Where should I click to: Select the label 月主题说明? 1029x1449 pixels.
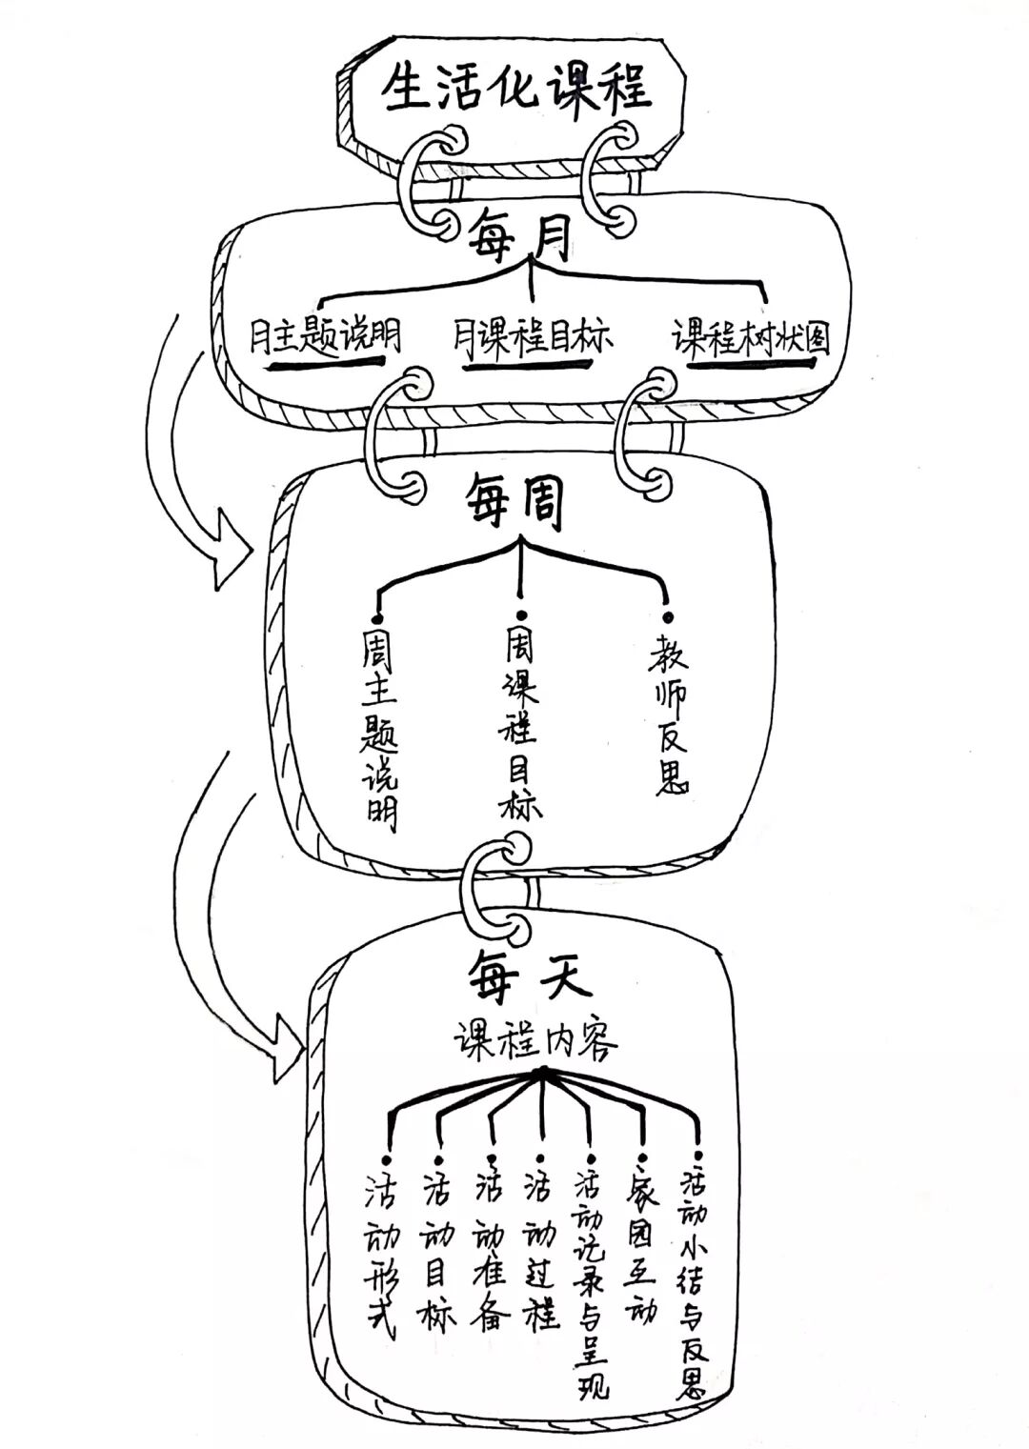coord(325,337)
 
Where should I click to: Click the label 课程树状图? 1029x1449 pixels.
coord(751,338)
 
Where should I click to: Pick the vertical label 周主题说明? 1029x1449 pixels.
coord(379,729)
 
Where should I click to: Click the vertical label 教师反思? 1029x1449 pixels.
coord(670,714)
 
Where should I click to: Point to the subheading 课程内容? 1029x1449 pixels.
coord(535,1040)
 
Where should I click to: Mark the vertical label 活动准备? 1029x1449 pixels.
coord(491,1238)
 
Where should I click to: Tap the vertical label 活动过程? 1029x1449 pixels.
coord(540,1238)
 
